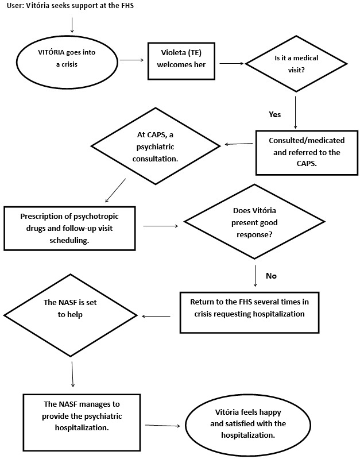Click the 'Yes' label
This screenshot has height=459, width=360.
pyautogui.click(x=274, y=114)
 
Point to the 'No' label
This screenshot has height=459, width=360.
pyautogui.click(x=271, y=276)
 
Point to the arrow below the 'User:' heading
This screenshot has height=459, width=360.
pyautogui.click(x=72, y=25)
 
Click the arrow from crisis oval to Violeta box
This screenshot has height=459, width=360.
pyautogui.click(x=131, y=60)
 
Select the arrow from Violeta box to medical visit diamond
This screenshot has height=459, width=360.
pyautogui.click(x=231, y=63)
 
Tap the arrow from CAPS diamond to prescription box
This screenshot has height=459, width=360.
pyautogui.click(x=115, y=190)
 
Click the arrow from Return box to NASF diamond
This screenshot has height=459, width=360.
pyautogui.click(x=156, y=316)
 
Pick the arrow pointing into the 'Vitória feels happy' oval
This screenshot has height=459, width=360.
pyautogui.click(x=162, y=425)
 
